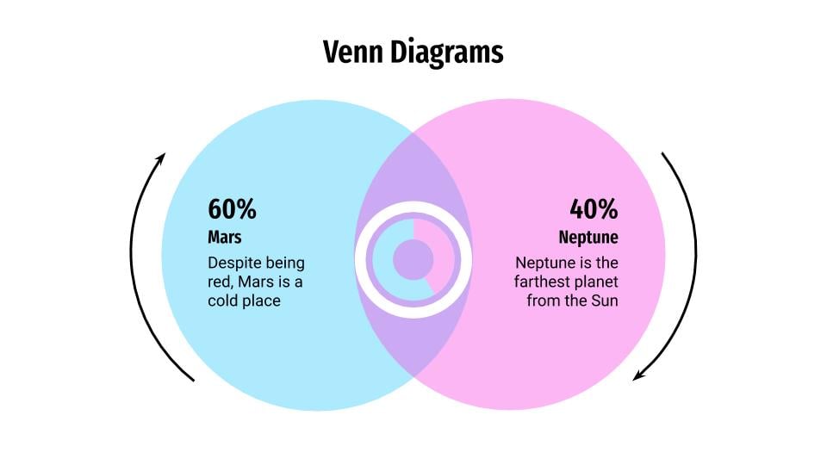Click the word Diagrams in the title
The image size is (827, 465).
[447, 53]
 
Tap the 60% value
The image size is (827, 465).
[232, 208]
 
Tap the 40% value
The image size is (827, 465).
[594, 208]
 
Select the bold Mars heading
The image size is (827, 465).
[224, 238]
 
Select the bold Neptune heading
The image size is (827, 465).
[588, 238]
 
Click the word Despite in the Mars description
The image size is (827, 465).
[233, 263]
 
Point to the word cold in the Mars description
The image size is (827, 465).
[221, 301]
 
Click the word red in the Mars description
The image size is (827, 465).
[220, 282]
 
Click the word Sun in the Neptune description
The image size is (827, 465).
[604, 301]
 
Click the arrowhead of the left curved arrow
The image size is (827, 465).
[161, 158]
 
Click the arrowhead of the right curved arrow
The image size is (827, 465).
[638, 375]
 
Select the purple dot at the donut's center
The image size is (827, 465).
[413, 259]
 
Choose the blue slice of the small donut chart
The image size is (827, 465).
[386, 263]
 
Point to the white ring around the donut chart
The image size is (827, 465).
[413, 207]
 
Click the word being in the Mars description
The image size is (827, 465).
[285, 263]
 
